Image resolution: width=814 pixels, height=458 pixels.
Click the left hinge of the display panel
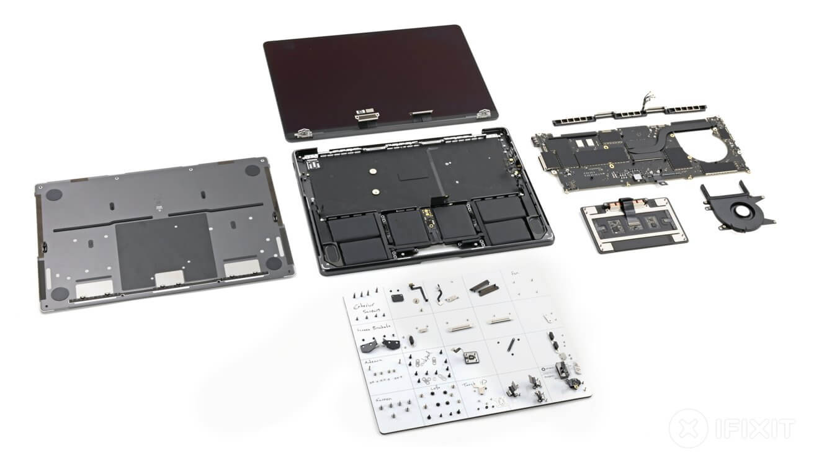click(x=303, y=132)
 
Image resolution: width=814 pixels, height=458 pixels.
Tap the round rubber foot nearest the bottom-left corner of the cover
click(x=60, y=294)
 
